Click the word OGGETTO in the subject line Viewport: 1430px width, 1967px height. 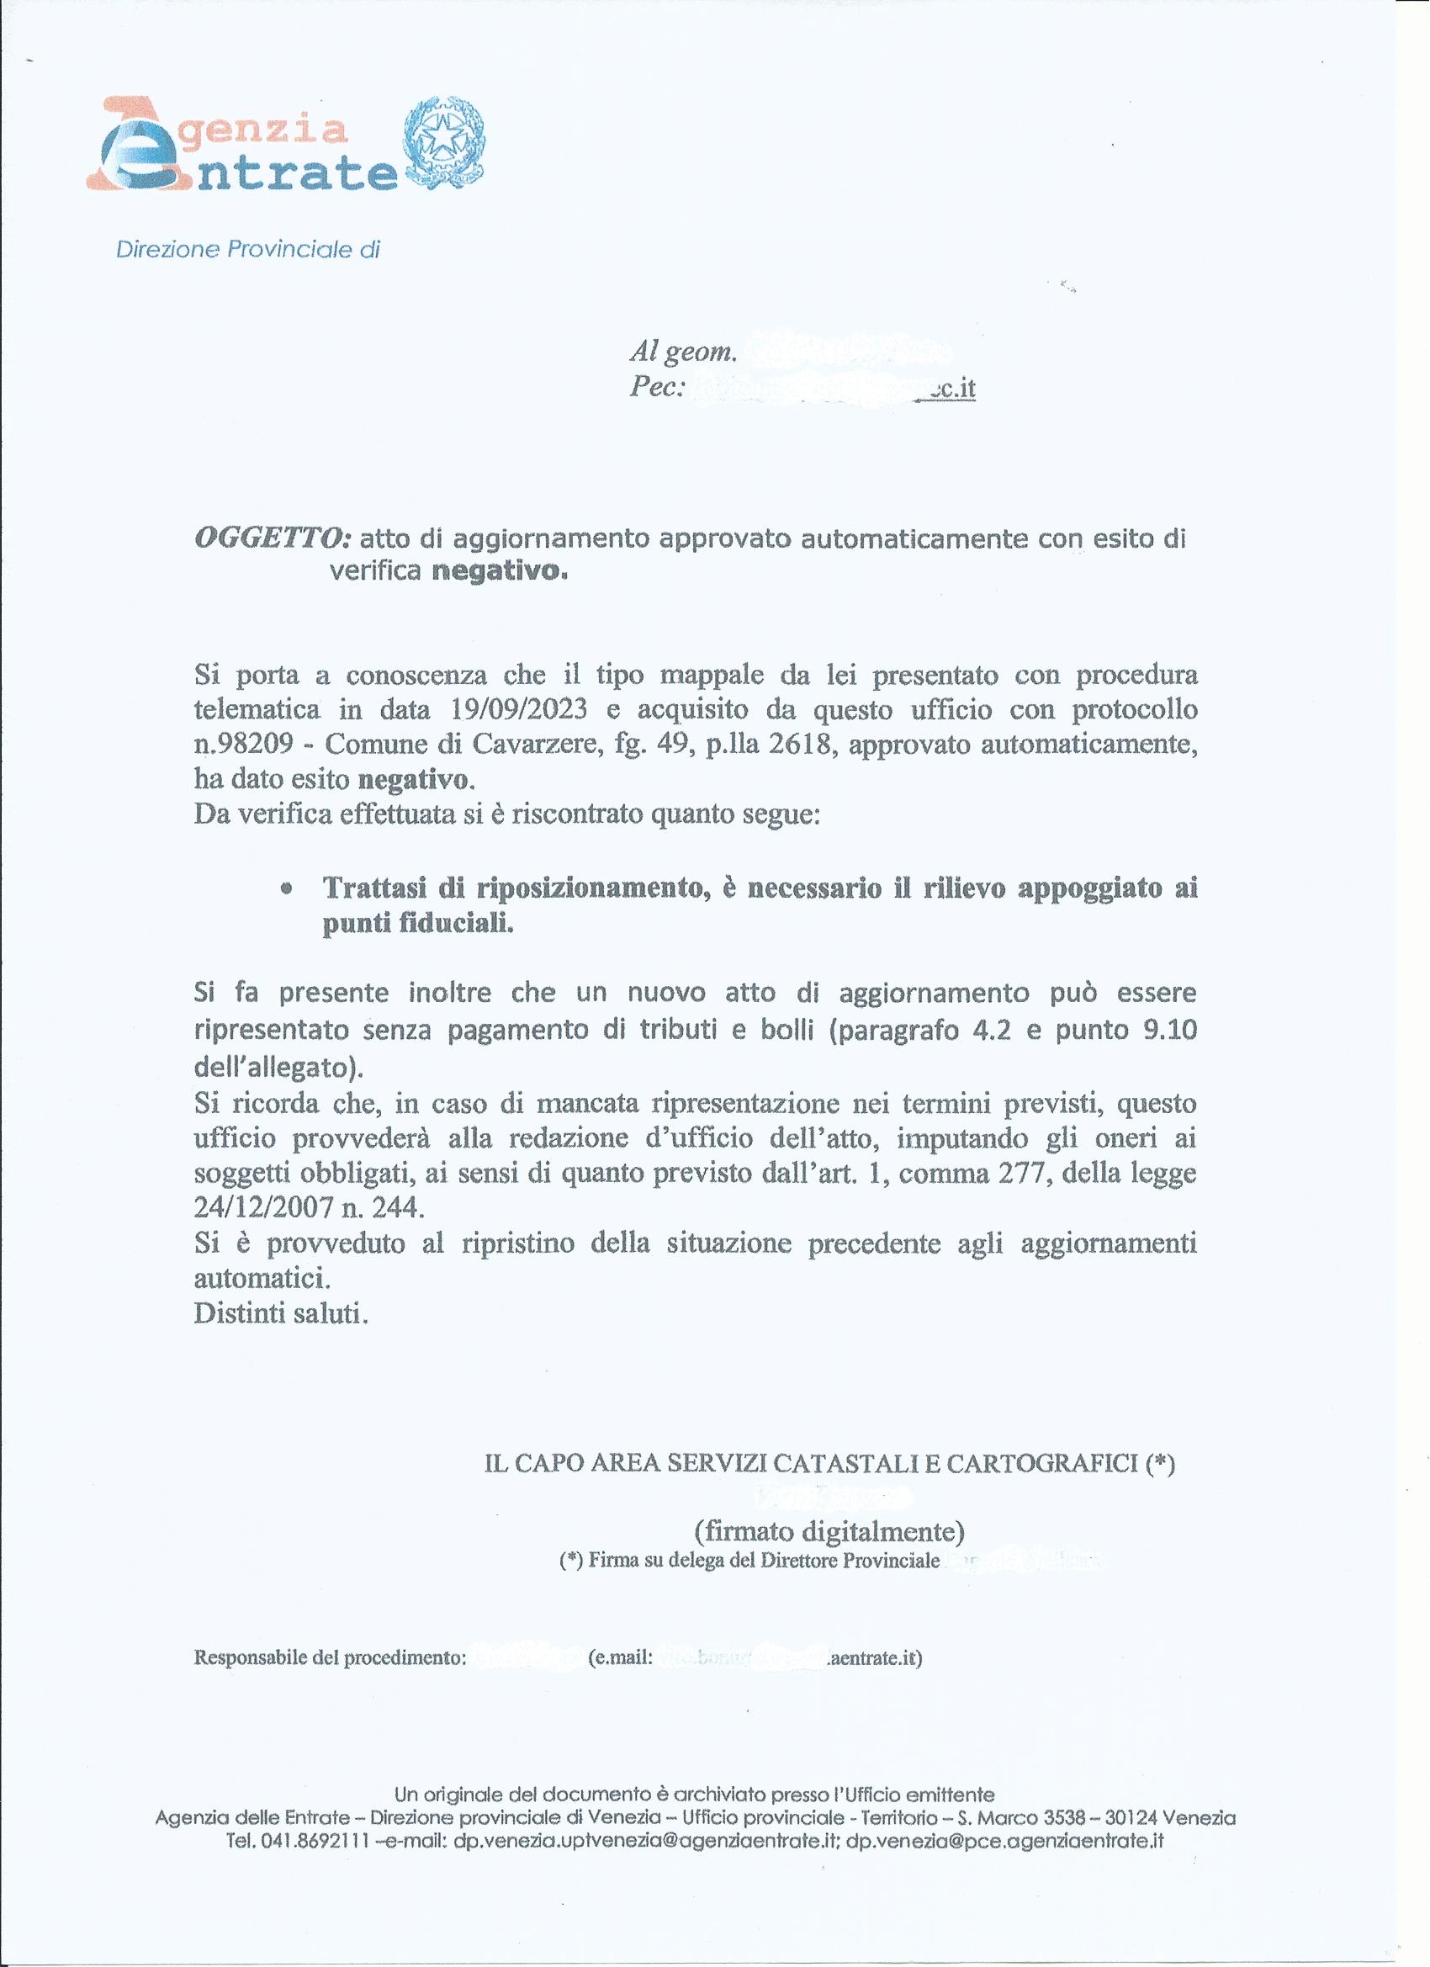click(272, 539)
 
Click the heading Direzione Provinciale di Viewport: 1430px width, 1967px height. click(248, 250)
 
